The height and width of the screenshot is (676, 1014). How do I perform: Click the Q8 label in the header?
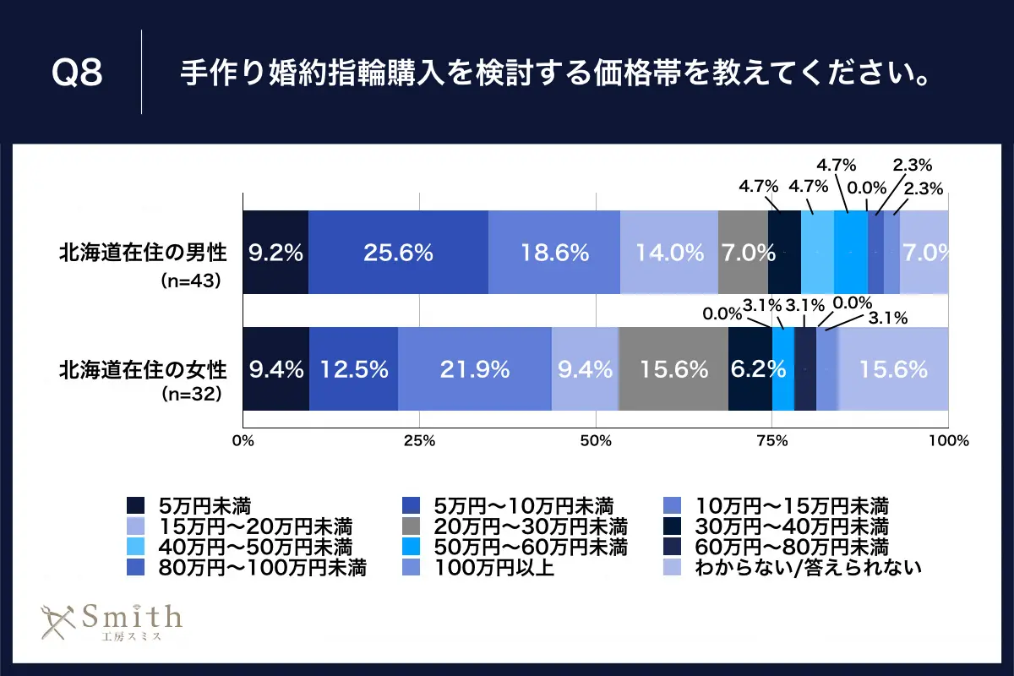(x=77, y=73)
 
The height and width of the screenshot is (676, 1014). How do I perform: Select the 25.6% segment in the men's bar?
(x=398, y=252)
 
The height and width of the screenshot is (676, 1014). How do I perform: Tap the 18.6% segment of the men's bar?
(x=554, y=252)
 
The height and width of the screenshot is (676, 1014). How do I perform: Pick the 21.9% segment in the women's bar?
(x=475, y=369)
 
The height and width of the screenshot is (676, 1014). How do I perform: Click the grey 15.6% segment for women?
(x=673, y=369)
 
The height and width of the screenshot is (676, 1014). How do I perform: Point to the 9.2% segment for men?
(x=275, y=252)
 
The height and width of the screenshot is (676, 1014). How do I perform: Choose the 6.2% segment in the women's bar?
(x=750, y=369)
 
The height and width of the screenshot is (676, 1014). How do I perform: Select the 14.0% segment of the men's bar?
(x=669, y=252)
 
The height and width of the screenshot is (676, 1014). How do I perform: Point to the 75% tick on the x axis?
(x=772, y=440)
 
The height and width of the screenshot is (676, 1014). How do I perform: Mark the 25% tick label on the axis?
(x=420, y=440)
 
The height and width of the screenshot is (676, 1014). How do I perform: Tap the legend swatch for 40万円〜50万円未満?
(x=134, y=546)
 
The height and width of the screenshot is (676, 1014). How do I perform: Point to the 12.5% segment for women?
(x=353, y=369)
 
